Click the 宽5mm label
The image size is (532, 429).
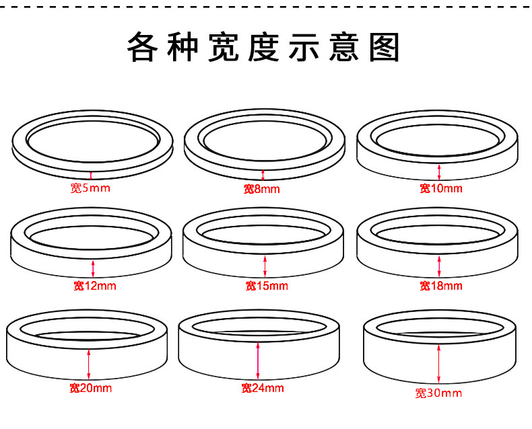90,188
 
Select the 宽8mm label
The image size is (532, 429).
261,189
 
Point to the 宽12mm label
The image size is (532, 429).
95,286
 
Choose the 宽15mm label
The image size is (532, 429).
266,286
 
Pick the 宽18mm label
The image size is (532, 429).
441,286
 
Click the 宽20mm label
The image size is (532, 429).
90,388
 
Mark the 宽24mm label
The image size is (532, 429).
263,388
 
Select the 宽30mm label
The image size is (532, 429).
439,393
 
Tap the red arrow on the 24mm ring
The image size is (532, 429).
258,361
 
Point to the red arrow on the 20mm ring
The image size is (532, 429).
88,363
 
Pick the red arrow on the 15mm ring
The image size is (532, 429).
265,264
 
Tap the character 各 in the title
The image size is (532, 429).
145,48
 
